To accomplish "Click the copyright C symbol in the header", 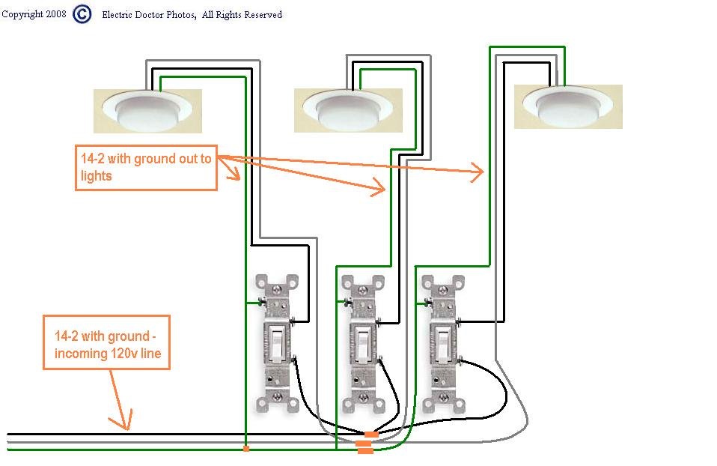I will [x=83, y=14].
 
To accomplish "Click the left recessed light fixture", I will [x=147, y=109].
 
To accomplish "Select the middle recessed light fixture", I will [x=348, y=109].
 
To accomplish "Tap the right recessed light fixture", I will [x=569, y=106].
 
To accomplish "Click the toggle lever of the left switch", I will [x=275, y=339].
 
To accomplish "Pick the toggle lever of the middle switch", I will [x=362, y=339].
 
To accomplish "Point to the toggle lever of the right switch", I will [x=442, y=339].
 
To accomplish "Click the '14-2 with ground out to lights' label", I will [x=146, y=168].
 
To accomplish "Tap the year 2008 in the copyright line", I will [x=55, y=14].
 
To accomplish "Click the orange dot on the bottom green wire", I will [x=245, y=449].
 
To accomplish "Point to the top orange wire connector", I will [x=370, y=435].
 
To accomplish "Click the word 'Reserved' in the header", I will [x=263, y=14].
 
